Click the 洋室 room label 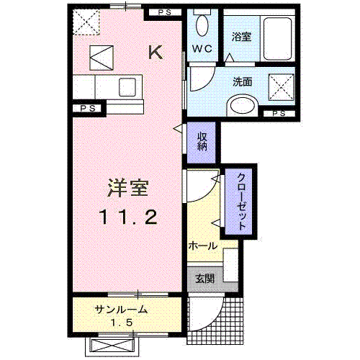tap(128, 189)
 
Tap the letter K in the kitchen tap(155, 52)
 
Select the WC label tap(200, 50)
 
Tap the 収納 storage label tap(204, 140)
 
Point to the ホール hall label tap(203, 246)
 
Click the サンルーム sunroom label tap(121, 310)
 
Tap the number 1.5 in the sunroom tap(121, 323)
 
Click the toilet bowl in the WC tap(202, 27)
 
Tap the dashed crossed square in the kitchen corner tap(88, 23)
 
